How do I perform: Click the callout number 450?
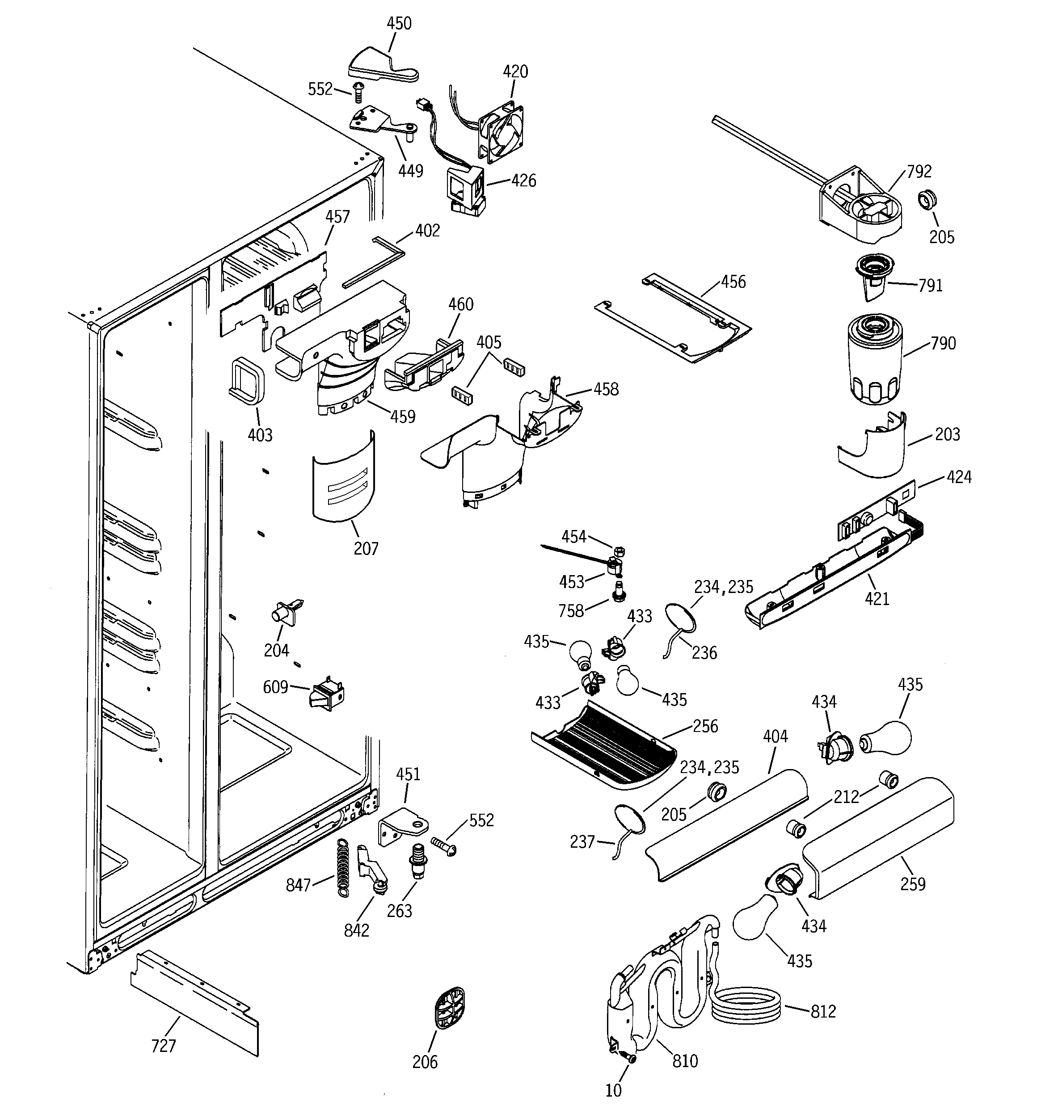tap(399, 23)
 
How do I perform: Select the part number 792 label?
tap(919, 171)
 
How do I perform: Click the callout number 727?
tap(164, 1046)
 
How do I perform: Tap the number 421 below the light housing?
tap(877, 599)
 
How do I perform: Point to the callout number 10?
tap(613, 1090)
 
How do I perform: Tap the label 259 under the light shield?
tap(913, 884)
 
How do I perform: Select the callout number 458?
tap(606, 389)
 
